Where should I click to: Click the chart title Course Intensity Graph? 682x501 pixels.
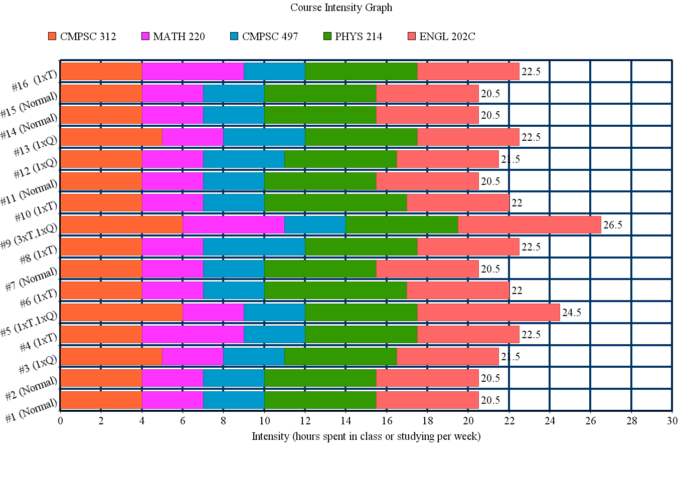coord(341,8)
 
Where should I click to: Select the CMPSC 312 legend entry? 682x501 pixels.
coord(82,37)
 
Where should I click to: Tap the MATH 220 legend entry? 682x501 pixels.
coord(174,37)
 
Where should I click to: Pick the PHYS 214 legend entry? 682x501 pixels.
coord(353,37)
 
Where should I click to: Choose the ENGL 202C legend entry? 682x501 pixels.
coord(441,37)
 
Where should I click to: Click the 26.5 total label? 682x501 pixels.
coord(613,225)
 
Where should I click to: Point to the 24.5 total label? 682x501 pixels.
coord(572,313)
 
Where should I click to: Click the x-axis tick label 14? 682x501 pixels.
coord(346,421)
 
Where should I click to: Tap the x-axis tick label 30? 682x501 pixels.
coord(672,421)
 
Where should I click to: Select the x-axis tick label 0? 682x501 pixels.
coord(61,421)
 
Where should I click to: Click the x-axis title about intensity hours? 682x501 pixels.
coord(366,436)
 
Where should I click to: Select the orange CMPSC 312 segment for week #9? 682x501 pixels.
coord(121,225)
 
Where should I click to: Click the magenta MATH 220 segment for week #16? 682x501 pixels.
coord(193,72)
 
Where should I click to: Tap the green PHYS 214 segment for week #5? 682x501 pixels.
coord(361,313)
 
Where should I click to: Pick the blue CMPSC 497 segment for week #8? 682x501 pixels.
coord(254,247)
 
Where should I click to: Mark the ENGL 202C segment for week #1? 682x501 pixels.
coord(427,400)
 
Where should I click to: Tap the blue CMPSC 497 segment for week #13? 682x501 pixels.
coord(264,137)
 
